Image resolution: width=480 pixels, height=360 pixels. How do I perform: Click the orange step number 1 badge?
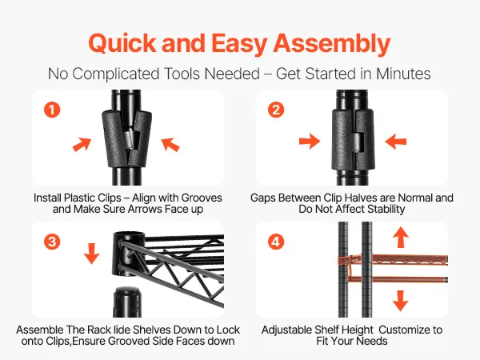coord(52,110)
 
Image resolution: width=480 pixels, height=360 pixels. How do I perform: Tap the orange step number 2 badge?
coord(276,110)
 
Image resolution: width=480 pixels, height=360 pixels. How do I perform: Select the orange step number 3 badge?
coord(52,242)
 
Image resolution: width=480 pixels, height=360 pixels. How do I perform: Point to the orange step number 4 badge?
coord(276,242)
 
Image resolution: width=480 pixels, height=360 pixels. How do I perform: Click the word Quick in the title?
coord(122,43)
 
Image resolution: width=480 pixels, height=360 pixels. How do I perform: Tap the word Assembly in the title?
coord(331,43)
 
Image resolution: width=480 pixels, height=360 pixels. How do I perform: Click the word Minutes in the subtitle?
coord(403,74)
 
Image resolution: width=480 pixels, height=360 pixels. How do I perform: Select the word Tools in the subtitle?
coord(182,74)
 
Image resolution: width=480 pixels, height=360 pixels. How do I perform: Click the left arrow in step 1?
coord(82,144)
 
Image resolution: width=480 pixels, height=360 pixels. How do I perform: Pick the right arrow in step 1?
coord(170,144)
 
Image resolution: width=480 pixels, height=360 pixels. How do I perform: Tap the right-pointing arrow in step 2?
coord(310,141)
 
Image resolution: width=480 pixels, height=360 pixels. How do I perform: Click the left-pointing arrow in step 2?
coord(395,141)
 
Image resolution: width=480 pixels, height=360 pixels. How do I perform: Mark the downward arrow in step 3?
coord(91,254)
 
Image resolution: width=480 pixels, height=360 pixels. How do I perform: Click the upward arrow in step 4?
coord(401,238)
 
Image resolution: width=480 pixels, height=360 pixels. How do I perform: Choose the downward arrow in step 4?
coord(401,301)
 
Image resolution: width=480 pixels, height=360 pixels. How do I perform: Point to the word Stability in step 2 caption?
coord(386,209)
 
